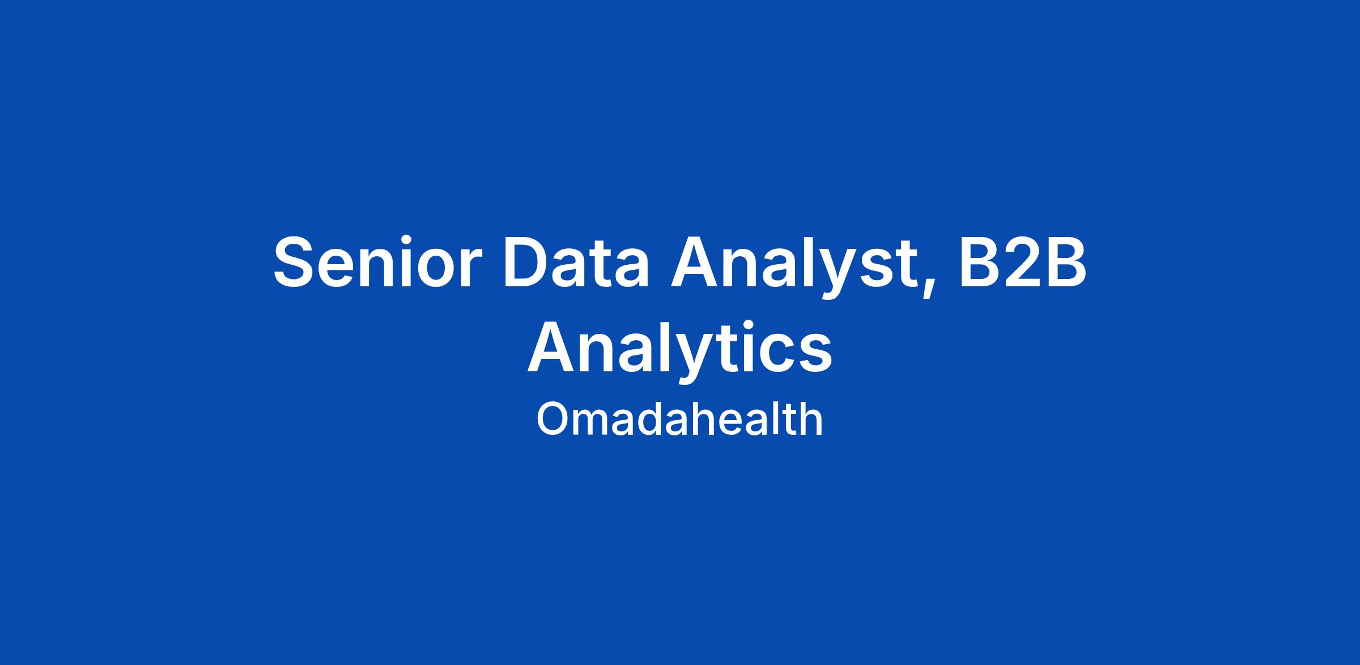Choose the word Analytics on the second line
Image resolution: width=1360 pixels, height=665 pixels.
coord(680,347)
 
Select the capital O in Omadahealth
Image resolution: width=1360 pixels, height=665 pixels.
coord(553,420)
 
